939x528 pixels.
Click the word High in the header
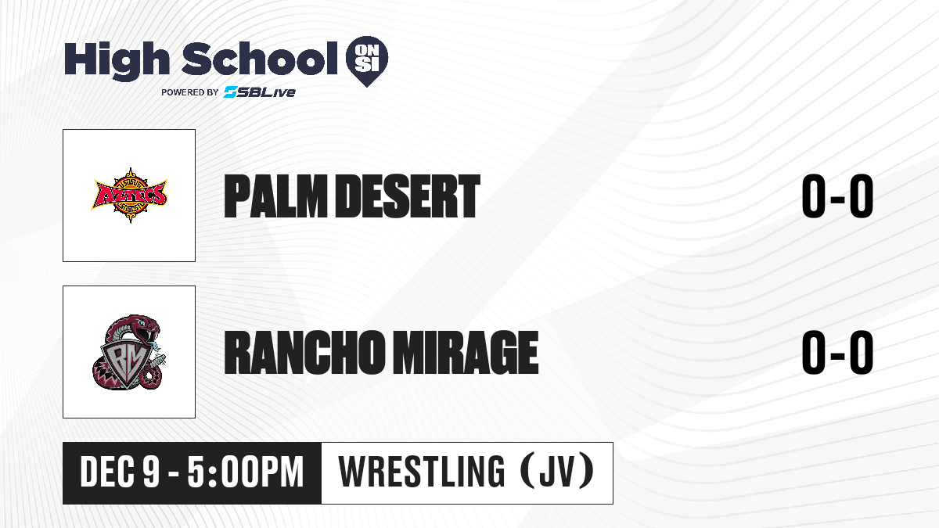(117, 61)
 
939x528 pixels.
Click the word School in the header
(260, 59)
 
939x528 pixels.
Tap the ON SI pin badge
(367, 61)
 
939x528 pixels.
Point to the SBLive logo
(259, 92)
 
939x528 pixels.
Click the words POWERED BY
(190, 92)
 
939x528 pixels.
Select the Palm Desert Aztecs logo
(130, 196)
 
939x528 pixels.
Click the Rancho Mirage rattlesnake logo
(129, 352)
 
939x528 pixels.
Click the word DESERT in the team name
(408, 196)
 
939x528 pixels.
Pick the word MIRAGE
(466, 352)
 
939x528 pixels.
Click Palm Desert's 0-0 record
(837, 196)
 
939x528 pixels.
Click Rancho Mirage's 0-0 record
(837, 352)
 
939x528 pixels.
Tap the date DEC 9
(121, 472)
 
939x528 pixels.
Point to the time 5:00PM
(246, 472)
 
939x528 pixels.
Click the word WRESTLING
(422, 472)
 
